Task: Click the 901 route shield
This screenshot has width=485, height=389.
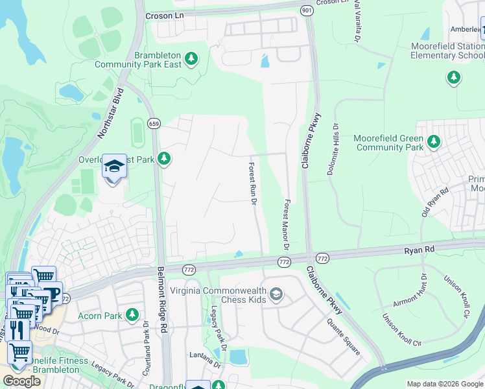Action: [306, 10]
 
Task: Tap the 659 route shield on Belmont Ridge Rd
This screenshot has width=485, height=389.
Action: [154, 123]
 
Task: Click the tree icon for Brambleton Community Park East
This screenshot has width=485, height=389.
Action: [191, 59]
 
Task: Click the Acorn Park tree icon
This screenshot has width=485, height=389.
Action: [132, 314]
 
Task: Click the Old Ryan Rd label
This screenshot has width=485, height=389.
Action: [435, 203]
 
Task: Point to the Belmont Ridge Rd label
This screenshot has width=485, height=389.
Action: [163, 301]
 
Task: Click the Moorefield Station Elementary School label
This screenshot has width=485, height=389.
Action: [447, 51]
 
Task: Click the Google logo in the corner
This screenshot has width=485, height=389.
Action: [21, 381]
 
